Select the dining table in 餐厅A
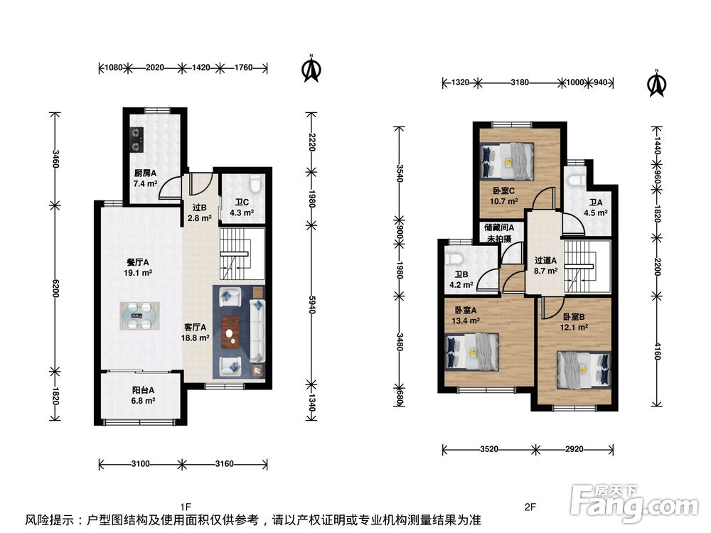[139, 316]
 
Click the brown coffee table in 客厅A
[231, 332]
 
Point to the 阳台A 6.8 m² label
[144, 395]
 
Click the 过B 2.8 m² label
[200, 212]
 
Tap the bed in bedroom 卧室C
[506, 161]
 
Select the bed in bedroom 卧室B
[584, 370]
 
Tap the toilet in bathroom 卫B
[454, 259]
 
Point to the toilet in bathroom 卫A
[576, 180]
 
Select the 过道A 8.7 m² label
[545, 266]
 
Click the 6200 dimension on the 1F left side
[55, 289]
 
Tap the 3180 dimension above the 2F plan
[520, 82]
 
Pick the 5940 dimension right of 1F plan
[311, 305]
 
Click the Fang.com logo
[634, 503]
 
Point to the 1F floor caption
[186, 507]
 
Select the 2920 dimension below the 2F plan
[574, 449]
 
